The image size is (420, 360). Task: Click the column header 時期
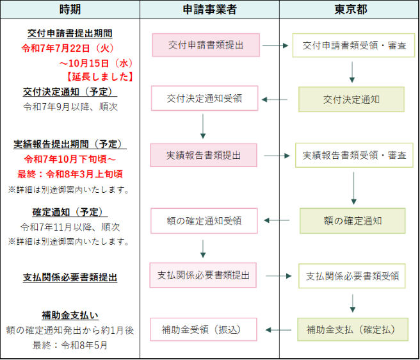click(x=70, y=10)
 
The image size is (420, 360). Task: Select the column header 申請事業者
click(x=209, y=10)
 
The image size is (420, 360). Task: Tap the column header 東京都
click(x=349, y=10)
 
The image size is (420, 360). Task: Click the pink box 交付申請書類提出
click(x=206, y=45)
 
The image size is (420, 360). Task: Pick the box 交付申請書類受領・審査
click(x=354, y=45)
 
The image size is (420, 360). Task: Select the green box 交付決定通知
click(x=351, y=99)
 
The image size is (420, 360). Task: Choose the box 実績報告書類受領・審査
click(x=354, y=156)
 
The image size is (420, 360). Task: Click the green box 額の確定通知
click(x=352, y=220)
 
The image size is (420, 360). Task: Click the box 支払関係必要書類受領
click(x=352, y=275)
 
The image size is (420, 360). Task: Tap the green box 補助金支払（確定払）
click(x=352, y=330)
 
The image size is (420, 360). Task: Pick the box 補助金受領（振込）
click(x=204, y=330)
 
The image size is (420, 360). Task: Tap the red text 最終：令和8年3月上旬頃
click(x=70, y=174)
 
